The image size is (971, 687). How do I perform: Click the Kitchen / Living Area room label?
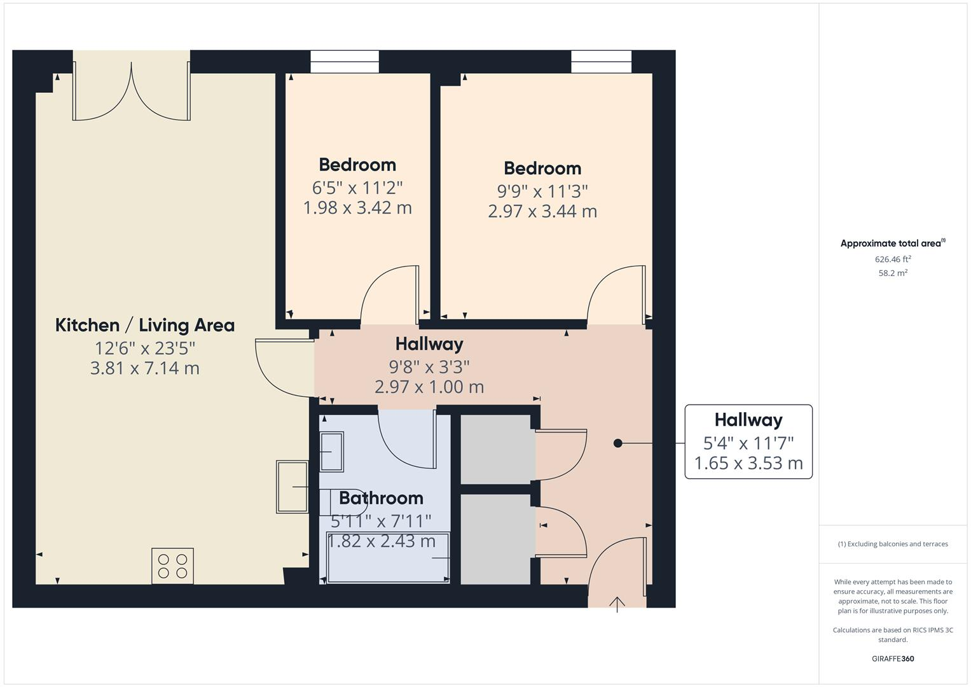pos(145,325)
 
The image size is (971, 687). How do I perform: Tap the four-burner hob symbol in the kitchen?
pos(172,566)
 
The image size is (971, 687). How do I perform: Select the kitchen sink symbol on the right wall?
pos(292,487)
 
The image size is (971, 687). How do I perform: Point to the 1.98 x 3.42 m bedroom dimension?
pos(357,208)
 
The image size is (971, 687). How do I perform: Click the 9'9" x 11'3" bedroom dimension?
pos(542,191)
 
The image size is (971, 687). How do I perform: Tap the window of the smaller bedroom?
pos(344,62)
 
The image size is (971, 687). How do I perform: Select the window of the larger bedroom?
pos(601,62)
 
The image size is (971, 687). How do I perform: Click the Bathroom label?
pos(381,497)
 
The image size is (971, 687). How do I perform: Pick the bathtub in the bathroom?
pos(387,558)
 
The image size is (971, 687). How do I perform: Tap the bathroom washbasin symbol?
pos(331,451)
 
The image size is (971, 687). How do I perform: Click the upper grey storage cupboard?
pos(495,449)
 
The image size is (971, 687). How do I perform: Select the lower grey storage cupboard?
pos(495,539)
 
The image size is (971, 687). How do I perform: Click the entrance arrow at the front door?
pos(617,603)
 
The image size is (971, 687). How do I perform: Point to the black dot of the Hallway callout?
pos(617,443)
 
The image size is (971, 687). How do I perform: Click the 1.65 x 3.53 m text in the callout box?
pos(748,463)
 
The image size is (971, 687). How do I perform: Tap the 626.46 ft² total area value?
pos(893,259)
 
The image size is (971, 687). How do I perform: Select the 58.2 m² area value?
pos(893,273)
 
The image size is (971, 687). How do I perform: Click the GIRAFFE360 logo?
pos(893,658)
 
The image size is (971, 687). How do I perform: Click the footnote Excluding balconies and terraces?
pos(893,544)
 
